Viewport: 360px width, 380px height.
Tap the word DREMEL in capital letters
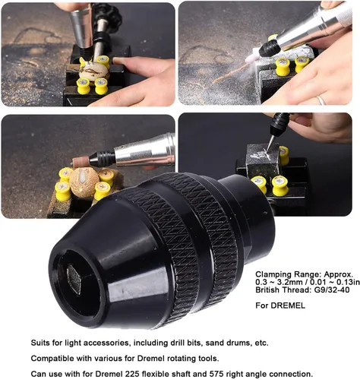pyautogui.click(x=288, y=306)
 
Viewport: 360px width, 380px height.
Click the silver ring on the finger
pyautogui.click(x=321, y=100)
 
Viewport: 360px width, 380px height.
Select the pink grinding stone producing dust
pyautogui.click(x=251, y=59)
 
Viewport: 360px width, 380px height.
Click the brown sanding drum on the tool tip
pyautogui.click(x=81, y=162)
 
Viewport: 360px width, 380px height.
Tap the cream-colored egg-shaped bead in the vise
pyautogui.click(x=93, y=71)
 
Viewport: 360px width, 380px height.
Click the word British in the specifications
pyautogui.click(x=267, y=290)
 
